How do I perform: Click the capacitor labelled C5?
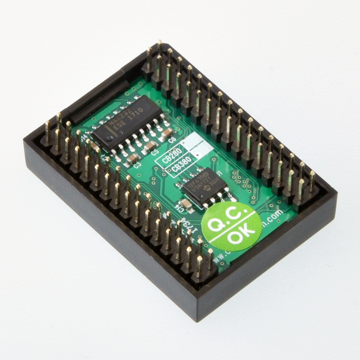click(150, 145)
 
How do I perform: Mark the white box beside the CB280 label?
click(191, 143)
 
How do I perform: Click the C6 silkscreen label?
click(171, 139)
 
